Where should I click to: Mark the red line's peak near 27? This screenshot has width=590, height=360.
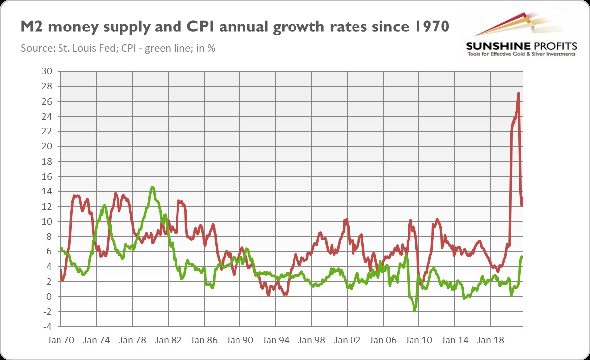518,93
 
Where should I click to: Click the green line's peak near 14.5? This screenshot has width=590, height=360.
152,187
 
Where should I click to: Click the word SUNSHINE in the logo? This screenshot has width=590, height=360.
498,46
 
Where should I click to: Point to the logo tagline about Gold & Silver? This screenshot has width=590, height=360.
521,54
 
